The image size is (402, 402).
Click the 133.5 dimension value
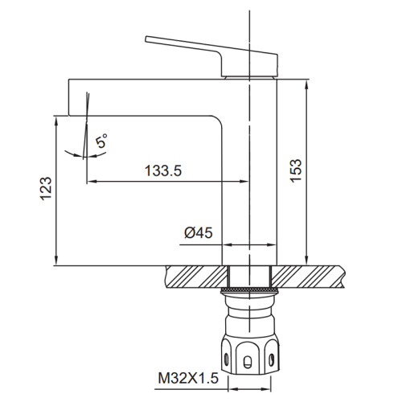click(x=163, y=170)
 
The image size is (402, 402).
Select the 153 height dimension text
click(x=296, y=171)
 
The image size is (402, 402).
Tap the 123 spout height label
click(x=46, y=189)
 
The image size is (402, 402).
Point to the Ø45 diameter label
click(x=199, y=232)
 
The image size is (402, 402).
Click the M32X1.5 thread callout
click(x=188, y=378)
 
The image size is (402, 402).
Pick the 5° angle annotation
click(x=101, y=141)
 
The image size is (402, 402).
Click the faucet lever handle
click(x=211, y=56)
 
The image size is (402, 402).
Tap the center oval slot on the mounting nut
click(x=248, y=362)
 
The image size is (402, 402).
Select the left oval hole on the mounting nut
click(x=227, y=359)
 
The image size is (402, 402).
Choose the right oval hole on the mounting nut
click(x=272, y=359)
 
